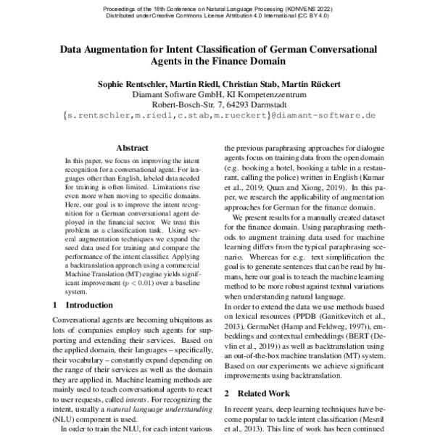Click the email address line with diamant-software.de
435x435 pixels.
pyautogui.click(x=219, y=115)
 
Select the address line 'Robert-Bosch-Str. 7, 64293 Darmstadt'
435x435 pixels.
pyautogui.click(x=219, y=104)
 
